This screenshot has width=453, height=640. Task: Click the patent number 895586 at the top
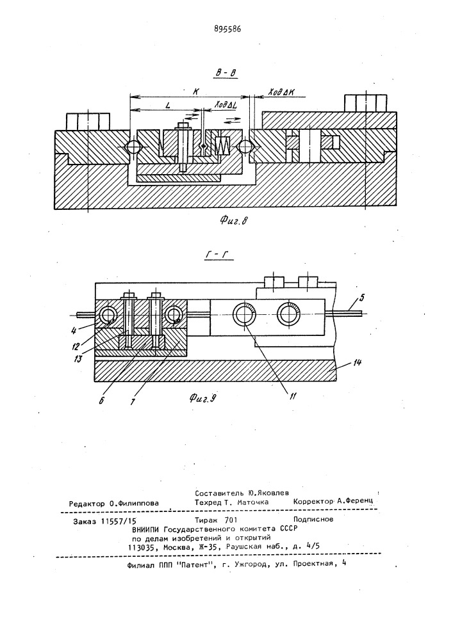227,29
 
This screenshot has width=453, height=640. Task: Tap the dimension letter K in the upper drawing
195,92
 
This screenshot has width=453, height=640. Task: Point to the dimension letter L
168,105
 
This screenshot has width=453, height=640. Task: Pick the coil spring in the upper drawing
222,145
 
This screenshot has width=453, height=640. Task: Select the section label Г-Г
217,257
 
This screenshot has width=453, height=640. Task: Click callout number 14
357,362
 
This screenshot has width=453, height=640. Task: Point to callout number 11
292,395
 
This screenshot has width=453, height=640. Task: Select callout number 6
101,399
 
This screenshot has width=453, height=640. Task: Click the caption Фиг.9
202,398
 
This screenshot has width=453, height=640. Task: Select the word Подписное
313,519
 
